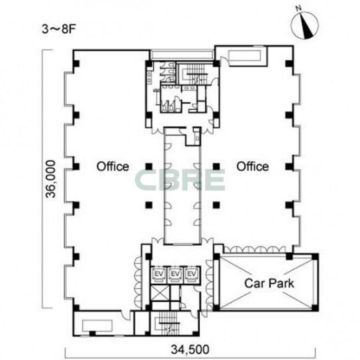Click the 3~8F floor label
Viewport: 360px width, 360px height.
pos(59,29)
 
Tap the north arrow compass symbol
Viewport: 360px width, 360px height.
pos(305,25)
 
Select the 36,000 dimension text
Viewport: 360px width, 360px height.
pos(50,179)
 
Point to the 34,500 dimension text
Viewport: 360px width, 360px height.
pos(190,349)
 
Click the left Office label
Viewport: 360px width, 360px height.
pos(112,167)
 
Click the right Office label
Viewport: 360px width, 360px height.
pos(253,167)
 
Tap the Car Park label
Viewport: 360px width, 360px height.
pos(269,283)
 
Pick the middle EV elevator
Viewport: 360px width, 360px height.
pos(175,275)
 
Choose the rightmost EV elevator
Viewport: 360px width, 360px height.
pos(192,275)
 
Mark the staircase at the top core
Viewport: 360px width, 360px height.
pos(195,74)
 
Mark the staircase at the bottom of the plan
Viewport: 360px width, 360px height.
pos(169,323)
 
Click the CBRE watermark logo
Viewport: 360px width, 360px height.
pos(180,180)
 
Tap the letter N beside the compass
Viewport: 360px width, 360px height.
pos(298,8)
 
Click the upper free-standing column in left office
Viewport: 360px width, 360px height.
pos(149,167)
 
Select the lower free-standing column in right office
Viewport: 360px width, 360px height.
pos(216,204)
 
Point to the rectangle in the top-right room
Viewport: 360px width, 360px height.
pos(245,56)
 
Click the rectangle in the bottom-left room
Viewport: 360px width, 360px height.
pos(97,326)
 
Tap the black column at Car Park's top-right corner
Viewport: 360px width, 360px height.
pos(315,256)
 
